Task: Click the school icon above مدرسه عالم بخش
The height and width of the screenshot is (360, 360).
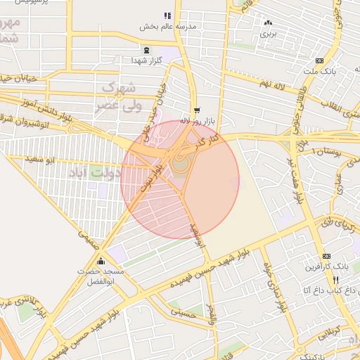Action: pos(167,15)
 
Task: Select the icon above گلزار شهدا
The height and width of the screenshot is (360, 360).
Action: pos(146,50)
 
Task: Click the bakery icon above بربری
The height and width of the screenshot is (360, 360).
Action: pos(268,22)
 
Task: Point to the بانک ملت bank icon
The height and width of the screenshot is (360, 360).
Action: pos(319,60)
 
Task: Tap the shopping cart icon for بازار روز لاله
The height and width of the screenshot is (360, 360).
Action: pos(196,110)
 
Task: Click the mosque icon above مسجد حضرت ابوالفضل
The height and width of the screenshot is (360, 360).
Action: pos(101,260)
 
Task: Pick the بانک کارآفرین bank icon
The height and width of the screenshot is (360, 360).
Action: pos(326,257)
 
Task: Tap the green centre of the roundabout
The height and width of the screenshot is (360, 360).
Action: pos(181,165)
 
